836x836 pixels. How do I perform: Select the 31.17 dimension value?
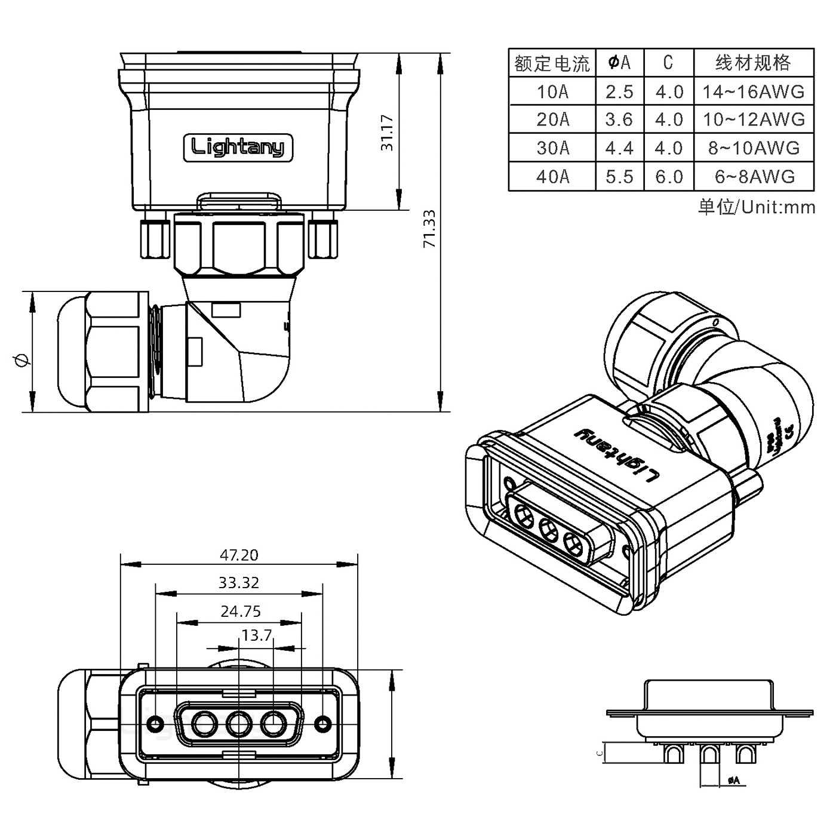[x=388, y=132]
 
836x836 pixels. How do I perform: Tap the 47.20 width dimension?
[x=239, y=555]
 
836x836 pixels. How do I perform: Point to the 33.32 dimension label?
[x=239, y=583]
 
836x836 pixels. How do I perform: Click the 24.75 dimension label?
[x=241, y=611]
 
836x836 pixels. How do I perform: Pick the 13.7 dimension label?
[x=257, y=635]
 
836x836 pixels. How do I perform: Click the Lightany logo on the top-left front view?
[x=238, y=147]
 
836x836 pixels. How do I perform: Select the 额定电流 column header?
[x=552, y=63]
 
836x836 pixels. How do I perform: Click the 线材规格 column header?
[x=753, y=63]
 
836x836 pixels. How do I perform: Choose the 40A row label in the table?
[x=552, y=177]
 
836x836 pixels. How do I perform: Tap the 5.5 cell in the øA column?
[x=619, y=177]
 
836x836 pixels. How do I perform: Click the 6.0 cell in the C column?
[x=669, y=177]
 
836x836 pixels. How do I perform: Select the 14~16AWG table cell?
[x=753, y=91]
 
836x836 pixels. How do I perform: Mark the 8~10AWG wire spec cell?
[x=753, y=148]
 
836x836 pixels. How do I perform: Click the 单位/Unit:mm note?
[x=756, y=207]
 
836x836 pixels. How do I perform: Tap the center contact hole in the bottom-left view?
[x=238, y=726]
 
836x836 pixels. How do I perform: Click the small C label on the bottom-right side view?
[x=599, y=753]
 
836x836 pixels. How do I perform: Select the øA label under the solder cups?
[x=733, y=780]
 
